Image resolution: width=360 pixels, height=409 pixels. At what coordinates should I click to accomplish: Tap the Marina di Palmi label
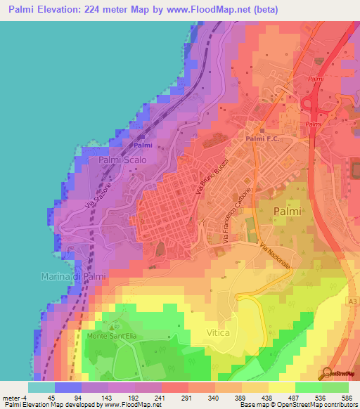pos(73,276)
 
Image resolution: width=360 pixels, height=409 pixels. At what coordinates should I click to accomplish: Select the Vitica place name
pos(218,332)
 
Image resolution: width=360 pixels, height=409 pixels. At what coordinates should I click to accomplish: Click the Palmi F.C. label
pos(262,139)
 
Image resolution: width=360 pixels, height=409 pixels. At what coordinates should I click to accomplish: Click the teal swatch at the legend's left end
pos(41,387)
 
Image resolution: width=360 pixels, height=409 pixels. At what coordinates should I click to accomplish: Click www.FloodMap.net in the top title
pos(217,10)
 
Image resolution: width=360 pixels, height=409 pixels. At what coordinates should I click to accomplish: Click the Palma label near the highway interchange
pos(314,124)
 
